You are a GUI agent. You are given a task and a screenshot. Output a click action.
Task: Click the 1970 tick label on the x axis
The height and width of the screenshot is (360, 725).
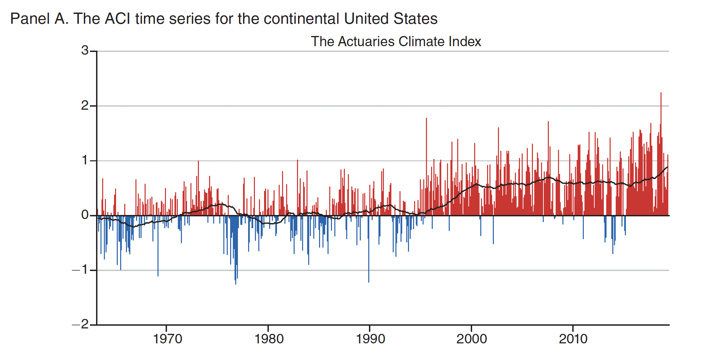[167, 339]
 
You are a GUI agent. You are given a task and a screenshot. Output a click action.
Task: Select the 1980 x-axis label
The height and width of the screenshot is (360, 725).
[269, 339]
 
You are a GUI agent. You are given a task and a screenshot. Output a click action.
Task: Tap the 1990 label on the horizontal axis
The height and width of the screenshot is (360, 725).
[370, 339]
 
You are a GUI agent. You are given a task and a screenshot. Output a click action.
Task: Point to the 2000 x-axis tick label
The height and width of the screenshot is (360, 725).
[471, 339]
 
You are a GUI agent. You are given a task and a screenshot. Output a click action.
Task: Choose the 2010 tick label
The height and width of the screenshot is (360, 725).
[573, 339]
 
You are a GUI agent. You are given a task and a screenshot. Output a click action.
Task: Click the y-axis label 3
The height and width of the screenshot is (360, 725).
[85, 51]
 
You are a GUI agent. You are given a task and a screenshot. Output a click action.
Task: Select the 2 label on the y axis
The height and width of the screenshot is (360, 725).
[85, 106]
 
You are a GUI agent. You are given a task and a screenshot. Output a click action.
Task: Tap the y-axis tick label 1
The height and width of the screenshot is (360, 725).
[85, 160]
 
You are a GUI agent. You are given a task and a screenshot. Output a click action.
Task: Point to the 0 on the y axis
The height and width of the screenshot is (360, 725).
[85, 215]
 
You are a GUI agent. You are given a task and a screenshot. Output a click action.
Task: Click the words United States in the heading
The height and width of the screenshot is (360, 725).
[391, 19]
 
